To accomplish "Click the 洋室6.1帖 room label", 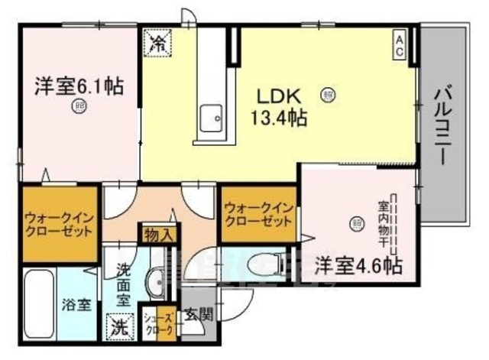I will [76, 86].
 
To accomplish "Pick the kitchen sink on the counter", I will [210, 119].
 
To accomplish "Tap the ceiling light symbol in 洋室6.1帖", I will [77, 106].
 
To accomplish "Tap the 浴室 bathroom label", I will [77, 305].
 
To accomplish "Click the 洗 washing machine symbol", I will [118, 326].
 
